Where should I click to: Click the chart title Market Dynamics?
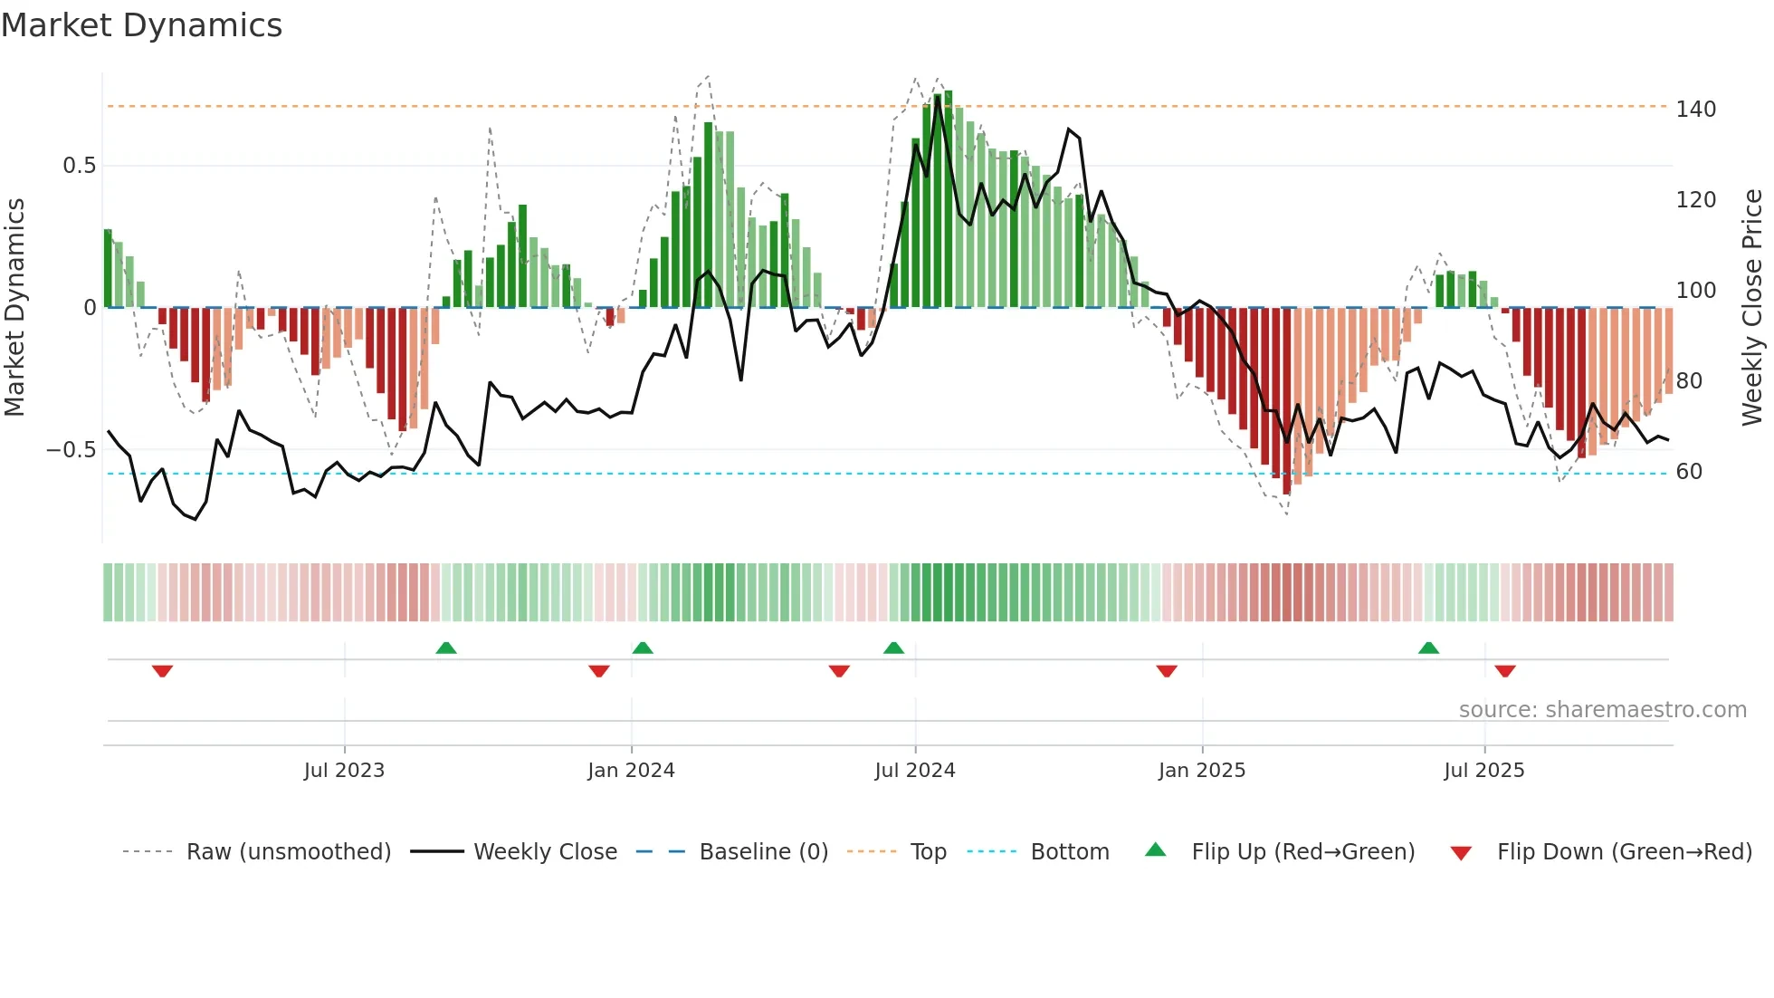141,25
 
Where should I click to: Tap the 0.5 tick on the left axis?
79,166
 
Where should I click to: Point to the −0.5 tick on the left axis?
71,450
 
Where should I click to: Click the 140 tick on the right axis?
1695,110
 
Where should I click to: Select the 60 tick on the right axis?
1689,472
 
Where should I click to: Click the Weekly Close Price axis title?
1752,308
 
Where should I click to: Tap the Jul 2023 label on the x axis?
344,771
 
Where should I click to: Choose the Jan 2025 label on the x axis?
1201,771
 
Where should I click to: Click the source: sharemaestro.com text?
1602,710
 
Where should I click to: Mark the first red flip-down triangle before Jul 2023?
162,671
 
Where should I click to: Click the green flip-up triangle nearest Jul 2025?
1428,648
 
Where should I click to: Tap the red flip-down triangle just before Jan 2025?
1167,671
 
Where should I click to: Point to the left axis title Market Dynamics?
15,308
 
